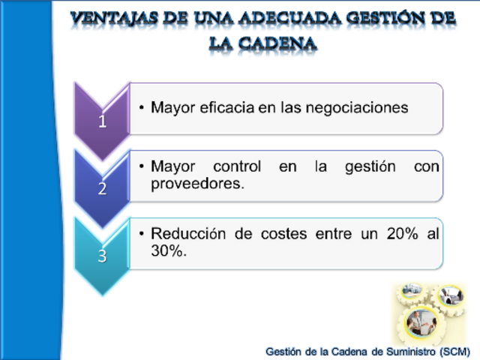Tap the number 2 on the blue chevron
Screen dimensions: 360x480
tap(103, 188)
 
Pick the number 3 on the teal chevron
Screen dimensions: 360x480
tap(103, 255)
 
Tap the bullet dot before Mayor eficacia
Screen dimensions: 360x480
tap(142, 108)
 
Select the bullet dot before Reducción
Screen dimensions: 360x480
tap(142, 234)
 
